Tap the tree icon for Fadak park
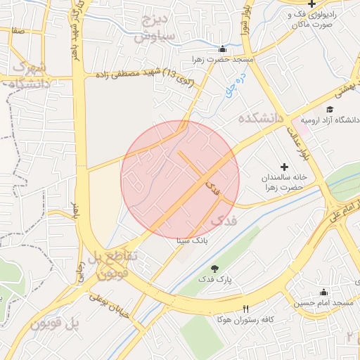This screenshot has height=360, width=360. click(214, 268)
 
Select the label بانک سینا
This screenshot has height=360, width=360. click(192, 240)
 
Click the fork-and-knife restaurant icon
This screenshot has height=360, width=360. click(245, 309)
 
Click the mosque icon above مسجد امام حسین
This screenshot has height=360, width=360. click(323, 292)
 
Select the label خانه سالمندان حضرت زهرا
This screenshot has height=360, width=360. click(284, 182)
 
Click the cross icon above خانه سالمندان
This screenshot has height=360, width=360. click(284, 167)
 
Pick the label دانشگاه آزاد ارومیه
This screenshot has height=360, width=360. click(330, 120)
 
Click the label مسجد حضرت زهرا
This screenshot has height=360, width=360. click(223, 60)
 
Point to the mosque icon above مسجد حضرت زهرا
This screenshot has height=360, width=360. click(223, 49)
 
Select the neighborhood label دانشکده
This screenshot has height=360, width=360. click(260, 117)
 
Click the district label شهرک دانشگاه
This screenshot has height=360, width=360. click(28, 76)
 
